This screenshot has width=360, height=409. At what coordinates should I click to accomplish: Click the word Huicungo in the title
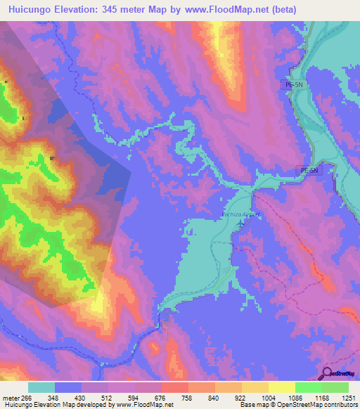32,9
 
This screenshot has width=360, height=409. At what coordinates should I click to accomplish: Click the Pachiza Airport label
241,214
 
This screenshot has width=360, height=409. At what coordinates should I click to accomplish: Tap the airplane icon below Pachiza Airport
243,223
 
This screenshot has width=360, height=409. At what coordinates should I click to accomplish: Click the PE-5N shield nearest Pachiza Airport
309,171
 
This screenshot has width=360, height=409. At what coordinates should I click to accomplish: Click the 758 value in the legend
188,397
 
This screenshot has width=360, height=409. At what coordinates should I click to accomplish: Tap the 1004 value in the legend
268,397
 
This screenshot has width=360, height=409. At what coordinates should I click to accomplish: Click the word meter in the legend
8,397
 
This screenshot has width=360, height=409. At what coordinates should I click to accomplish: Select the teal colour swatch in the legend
41,387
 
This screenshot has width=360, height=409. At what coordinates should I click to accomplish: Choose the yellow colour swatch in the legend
282,387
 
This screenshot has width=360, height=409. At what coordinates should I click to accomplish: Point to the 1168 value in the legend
322,397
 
